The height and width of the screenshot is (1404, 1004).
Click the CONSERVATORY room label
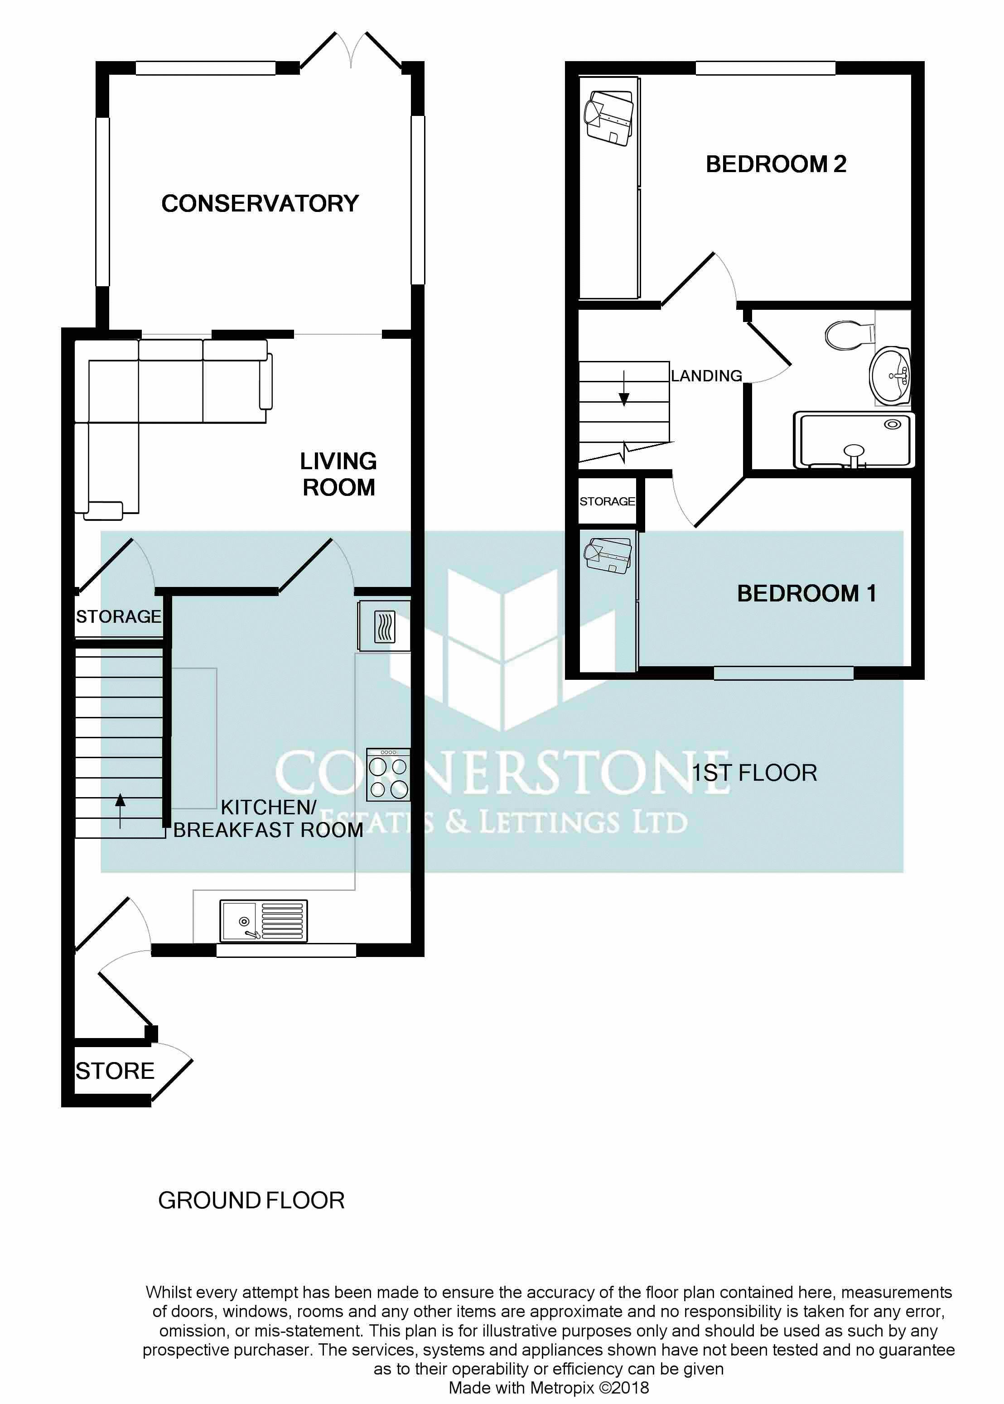[260, 203]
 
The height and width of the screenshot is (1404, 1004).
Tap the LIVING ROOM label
[338, 474]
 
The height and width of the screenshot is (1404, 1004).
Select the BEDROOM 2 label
[775, 164]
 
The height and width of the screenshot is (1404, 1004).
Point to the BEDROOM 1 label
[806, 593]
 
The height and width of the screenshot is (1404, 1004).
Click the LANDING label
[706, 376]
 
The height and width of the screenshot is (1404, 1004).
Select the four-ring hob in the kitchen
[388, 775]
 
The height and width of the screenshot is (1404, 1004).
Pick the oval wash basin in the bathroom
[890, 375]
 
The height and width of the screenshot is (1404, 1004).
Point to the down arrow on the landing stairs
[624, 389]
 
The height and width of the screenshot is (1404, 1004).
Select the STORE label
[115, 1071]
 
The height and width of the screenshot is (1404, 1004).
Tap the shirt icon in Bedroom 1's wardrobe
[608, 555]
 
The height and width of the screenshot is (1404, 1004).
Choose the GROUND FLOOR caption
[251, 1200]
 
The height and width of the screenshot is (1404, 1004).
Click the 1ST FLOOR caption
[754, 773]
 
